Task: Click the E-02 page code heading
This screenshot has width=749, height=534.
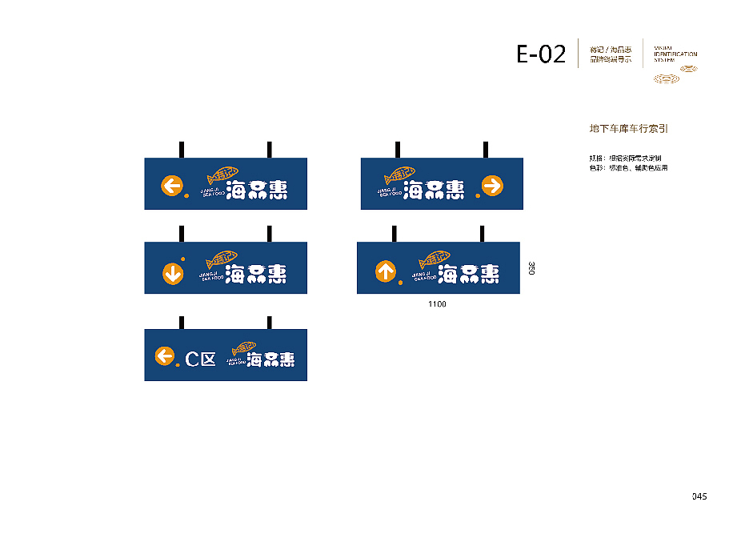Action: (541, 54)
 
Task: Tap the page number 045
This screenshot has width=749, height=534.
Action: (699, 496)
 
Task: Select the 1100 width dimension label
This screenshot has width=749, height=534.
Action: (437, 304)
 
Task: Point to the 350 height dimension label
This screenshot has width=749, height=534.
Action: (531, 268)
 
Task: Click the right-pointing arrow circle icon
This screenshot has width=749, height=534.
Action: (491, 187)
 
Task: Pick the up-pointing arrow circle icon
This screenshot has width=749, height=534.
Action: (386, 271)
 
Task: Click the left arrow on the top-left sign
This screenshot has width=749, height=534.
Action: (171, 187)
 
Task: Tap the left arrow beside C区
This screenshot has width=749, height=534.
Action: (164, 356)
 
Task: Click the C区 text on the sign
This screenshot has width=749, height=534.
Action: (200, 359)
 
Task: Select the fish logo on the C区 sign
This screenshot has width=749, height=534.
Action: (244, 348)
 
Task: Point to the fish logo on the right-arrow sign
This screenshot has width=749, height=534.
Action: (400, 175)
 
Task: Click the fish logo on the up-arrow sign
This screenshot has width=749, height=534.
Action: (435, 259)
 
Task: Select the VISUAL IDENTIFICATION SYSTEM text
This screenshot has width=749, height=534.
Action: (675, 54)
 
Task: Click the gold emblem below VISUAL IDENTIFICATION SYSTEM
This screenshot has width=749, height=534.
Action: (675, 77)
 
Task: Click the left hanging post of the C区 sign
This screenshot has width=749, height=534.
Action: (182, 322)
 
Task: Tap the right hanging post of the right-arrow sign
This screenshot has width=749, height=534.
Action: (485, 150)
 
